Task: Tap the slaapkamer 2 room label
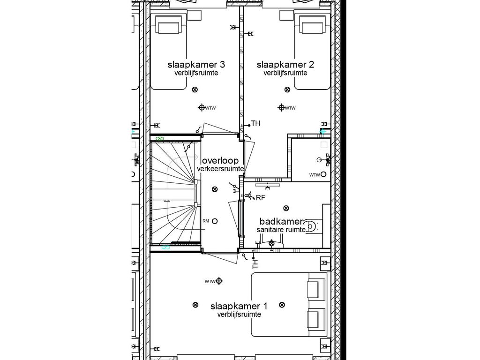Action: (x=285, y=64)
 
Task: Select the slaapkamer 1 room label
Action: (x=239, y=306)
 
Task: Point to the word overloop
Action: (x=220, y=160)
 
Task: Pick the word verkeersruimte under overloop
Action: (x=220, y=168)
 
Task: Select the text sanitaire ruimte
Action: (x=281, y=230)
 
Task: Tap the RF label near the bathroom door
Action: (x=261, y=198)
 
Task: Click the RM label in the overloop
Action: (x=206, y=221)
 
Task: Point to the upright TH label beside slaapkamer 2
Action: (x=255, y=123)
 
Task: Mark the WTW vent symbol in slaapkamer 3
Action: (x=202, y=108)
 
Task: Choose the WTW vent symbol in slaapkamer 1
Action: (x=218, y=281)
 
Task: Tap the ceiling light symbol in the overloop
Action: (x=215, y=189)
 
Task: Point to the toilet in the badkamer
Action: (x=314, y=227)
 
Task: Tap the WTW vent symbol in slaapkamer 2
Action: (x=281, y=108)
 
